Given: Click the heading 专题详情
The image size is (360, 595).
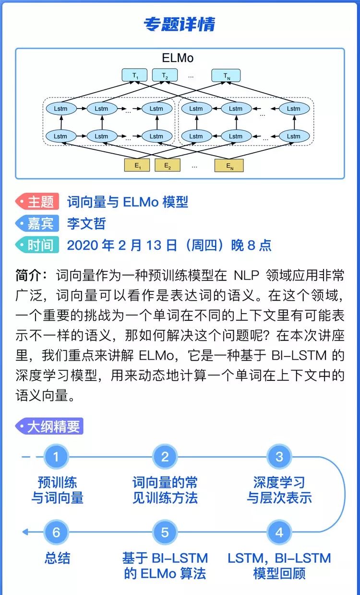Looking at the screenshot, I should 180,24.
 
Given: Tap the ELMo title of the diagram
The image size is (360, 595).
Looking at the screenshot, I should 178,59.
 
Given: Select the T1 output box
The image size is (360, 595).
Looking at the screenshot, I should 135,76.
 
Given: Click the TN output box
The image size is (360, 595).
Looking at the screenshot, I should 226,76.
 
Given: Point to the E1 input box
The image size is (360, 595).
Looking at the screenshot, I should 137,166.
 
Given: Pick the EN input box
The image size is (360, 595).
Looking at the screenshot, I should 229,166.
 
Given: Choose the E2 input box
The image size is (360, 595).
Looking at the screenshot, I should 167,166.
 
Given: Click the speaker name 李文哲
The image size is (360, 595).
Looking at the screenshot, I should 86,223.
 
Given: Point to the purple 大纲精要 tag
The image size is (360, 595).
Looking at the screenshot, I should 49,426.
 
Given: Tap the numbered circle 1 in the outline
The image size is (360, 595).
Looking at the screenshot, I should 57,457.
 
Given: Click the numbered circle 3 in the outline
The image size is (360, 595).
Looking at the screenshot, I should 279,457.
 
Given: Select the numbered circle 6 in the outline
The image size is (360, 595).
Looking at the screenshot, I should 57,532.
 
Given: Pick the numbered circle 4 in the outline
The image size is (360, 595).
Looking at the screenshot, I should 279,532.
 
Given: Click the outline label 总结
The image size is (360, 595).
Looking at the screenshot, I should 57,558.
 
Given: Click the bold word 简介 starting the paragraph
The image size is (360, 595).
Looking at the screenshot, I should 29,276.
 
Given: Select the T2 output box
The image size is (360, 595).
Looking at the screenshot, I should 165,76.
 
